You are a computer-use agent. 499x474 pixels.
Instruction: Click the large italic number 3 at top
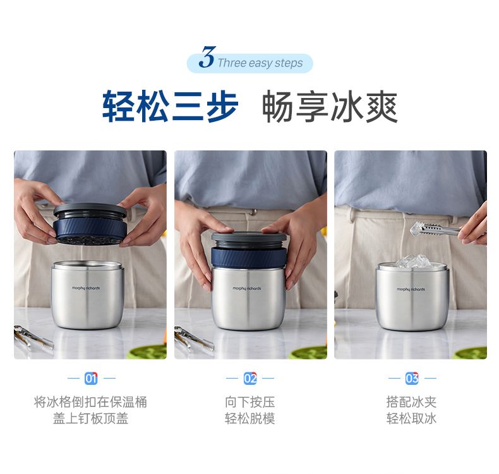(207, 57)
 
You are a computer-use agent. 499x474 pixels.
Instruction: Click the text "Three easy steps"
(260, 63)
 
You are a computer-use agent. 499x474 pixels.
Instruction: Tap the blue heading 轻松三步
(170, 106)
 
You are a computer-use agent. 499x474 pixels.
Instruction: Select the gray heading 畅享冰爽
(330, 106)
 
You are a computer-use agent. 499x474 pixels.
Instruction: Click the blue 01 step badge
(91, 378)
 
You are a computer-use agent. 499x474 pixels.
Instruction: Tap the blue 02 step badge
(250, 378)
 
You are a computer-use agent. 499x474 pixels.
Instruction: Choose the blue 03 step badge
(412, 378)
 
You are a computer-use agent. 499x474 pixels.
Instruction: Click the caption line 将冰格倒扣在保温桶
(91, 402)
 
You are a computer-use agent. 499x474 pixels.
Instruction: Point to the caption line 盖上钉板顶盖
(91, 418)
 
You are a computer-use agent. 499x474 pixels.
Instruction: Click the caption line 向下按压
(250, 402)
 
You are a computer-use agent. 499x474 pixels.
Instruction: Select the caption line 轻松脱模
(250, 418)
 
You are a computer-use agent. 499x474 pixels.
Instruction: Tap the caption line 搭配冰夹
(411, 402)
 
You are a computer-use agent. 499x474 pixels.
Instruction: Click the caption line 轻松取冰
(411, 418)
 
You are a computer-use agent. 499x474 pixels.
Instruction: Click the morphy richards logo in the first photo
(86, 288)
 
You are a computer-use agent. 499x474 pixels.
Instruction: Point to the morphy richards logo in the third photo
(411, 289)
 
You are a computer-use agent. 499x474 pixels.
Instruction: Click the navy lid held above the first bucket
(90, 224)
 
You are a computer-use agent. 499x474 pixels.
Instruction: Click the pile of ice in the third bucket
(412, 261)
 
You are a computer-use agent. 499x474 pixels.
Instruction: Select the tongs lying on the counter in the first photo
(33, 337)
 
